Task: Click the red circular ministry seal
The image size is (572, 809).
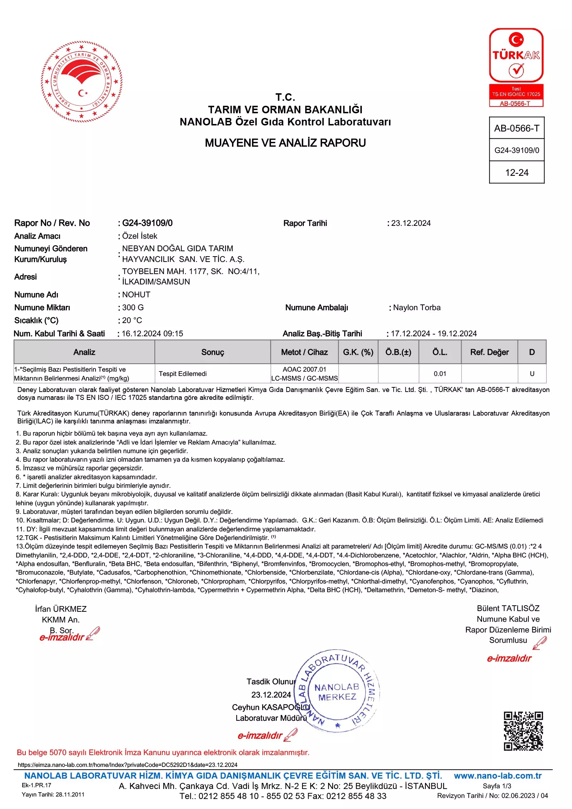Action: coord(82,81)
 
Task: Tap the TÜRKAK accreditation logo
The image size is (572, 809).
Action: coord(516,67)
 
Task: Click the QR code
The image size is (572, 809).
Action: coord(523,731)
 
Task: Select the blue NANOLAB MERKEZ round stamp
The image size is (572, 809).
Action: coord(337,691)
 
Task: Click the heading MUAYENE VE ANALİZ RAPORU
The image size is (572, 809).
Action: coord(285,143)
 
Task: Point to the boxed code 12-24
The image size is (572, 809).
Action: coord(517,173)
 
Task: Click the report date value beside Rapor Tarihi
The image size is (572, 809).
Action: coord(411,223)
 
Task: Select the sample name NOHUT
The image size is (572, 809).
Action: coord(136,295)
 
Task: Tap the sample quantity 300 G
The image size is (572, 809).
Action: coord(133,308)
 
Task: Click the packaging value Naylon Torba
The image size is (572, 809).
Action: coord(416,308)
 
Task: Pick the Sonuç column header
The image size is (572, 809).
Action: coord(213,352)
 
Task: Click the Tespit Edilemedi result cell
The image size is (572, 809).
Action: coord(183,374)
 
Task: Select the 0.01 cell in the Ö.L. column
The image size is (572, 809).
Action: coord(440,374)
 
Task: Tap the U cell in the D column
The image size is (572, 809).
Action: coord(532,374)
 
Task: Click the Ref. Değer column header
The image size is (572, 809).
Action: coord(489,352)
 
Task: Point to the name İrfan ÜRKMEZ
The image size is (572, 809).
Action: coord(61,609)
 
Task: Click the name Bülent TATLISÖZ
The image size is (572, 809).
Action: coord(508,608)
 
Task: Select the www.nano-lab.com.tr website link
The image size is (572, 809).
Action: coord(498,776)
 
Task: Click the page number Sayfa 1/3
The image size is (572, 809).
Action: coord(497,786)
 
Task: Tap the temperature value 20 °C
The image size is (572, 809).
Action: coord(132,321)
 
